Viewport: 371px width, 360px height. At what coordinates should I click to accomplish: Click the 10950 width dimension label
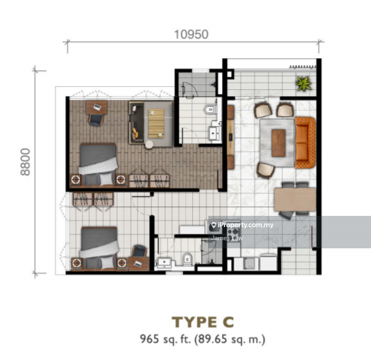pos(191,34)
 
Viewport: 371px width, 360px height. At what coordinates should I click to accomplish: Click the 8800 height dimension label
pos(26,162)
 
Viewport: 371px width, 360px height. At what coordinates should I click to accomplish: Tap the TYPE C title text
pos(203,322)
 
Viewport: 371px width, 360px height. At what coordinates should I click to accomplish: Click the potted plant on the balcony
pos(304,84)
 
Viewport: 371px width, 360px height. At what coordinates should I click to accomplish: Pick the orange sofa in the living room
pos(306,142)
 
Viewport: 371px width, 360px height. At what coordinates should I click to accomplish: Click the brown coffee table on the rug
pos(279,143)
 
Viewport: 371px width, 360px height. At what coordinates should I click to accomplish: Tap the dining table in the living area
pos(295,199)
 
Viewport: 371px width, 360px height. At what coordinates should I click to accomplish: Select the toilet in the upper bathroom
pos(210,109)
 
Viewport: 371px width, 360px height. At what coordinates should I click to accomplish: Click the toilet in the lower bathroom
pos(187,259)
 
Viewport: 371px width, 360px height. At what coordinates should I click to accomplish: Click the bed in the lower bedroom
pos(99,248)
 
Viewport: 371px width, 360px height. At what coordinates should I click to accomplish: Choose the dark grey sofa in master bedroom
pos(137,123)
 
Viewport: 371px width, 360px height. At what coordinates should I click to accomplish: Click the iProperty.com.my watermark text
pos(246,225)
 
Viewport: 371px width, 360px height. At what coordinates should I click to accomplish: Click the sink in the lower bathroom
pos(163,263)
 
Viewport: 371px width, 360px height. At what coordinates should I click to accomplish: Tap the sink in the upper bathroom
pos(214,134)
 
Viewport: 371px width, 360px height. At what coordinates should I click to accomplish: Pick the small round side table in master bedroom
pos(150,144)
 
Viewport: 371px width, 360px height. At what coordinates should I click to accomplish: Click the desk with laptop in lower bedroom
pos(138,263)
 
